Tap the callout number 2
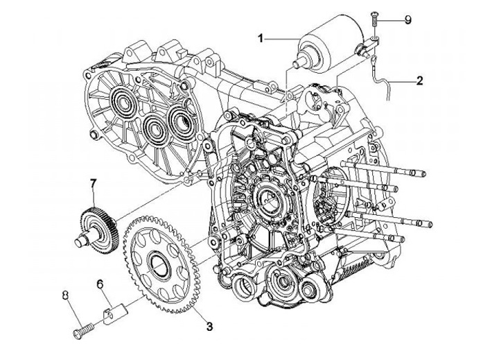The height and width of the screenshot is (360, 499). (x=419, y=80)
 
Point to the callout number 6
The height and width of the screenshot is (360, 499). (x=100, y=284)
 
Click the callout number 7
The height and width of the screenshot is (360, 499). (x=92, y=184)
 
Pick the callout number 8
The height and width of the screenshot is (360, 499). (x=66, y=295)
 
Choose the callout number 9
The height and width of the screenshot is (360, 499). (x=408, y=20)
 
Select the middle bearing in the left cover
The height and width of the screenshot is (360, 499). (x=156, y=126)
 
